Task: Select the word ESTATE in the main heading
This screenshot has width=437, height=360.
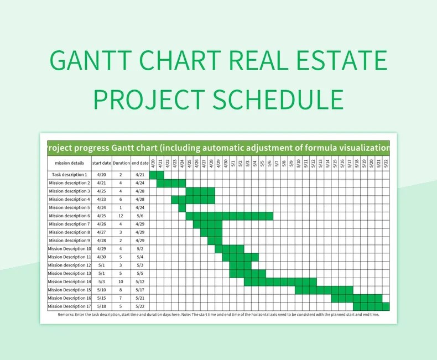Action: pyautogui.click(x=336, y=60)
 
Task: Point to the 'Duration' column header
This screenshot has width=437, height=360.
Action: pyautogui.click(x=121, y=163)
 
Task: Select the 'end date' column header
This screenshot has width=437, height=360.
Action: pyautogui.click(x=140, y=163)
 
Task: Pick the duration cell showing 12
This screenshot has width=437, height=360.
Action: pyautogui.click(x=121, y=216)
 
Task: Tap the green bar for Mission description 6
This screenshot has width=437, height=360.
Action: pyautogui.click(x=230, y=216)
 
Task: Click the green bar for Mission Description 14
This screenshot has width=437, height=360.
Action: pyautogui.click(x=280, y=281)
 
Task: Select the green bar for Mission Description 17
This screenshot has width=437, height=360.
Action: pyautogui.click(x=371, y=306)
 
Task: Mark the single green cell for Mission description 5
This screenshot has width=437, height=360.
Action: pyautogui.click(x=182, y=207)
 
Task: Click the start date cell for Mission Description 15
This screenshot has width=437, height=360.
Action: pyautogui.click(x=102, y=290)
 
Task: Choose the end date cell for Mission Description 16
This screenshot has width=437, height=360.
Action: pyautogui.click(x=140, y=298)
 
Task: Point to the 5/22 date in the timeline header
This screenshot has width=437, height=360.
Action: pyautogui.click(x=386, y=163)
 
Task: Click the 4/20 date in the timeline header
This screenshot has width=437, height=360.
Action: pyautogui.click(x=153, y=163)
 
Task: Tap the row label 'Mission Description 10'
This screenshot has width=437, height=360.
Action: pyautogui.click(x=69, y=249)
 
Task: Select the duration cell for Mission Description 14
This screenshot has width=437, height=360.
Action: pyautogui.click(x=121, y=281)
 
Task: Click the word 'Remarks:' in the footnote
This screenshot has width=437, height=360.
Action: pyautogui.click(x=67, y=315)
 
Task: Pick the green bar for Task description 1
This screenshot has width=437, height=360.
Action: pyautogui.click(x=157, y=175)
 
